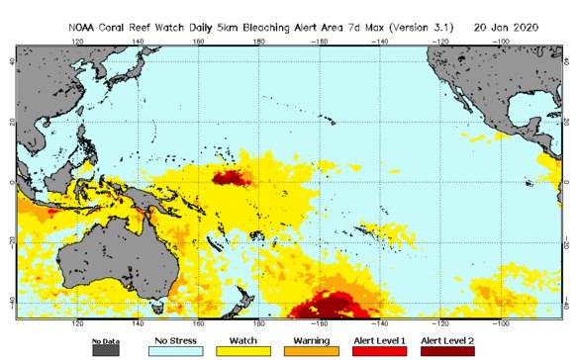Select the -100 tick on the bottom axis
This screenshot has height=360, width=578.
[x=501, y=322]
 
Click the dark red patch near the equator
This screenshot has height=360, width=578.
[x=232, y=178]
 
